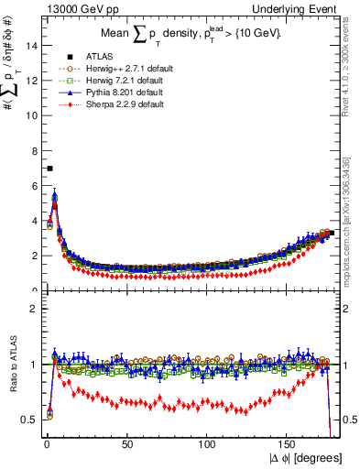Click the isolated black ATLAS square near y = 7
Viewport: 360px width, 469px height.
point(49,169)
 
